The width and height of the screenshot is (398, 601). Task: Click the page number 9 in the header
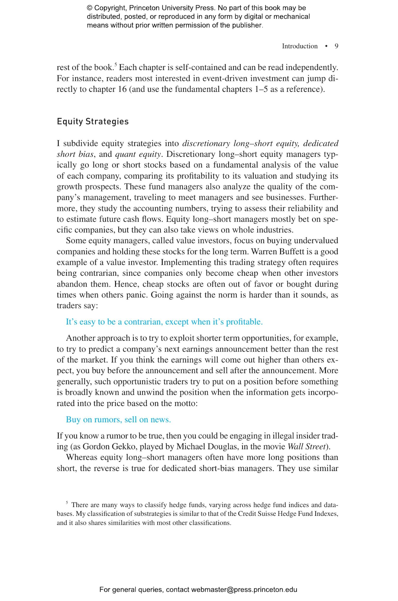click(336, 46)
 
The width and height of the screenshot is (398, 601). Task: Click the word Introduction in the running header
click(300, 46)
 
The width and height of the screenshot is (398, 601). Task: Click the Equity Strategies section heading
click(93, 122)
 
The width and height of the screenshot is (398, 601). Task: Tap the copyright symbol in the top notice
click(89, 8)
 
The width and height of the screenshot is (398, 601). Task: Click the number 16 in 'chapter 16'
click(122, 89)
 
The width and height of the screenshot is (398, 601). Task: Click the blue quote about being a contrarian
click(164, 322)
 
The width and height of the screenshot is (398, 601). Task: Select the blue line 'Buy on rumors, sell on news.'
click(118, 420)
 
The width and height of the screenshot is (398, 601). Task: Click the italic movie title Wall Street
click(306, 447)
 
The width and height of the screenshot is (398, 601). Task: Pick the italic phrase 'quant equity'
click(138, 154)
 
